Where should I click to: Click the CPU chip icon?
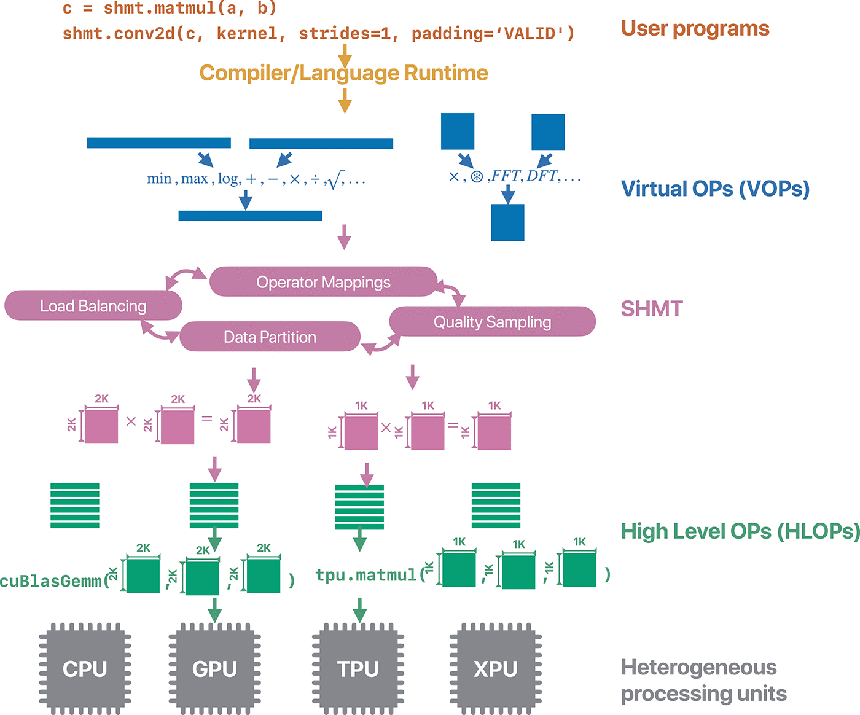85,668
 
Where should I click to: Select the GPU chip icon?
214,668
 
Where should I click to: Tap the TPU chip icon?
358,668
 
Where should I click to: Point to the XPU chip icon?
496,668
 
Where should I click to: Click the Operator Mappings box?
323,282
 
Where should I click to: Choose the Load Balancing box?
93,306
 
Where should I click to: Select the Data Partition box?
270,337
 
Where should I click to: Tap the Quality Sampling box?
492,322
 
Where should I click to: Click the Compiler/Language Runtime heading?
343,73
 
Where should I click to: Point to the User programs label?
695,28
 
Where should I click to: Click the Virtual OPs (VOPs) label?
715,189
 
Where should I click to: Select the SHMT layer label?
652,308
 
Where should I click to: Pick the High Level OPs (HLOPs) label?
740,531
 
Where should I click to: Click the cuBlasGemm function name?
50,581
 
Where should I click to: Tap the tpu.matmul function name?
365,576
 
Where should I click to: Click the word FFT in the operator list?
506,176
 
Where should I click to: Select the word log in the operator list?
228,179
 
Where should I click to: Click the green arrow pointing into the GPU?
214,611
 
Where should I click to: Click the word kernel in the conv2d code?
246,34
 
